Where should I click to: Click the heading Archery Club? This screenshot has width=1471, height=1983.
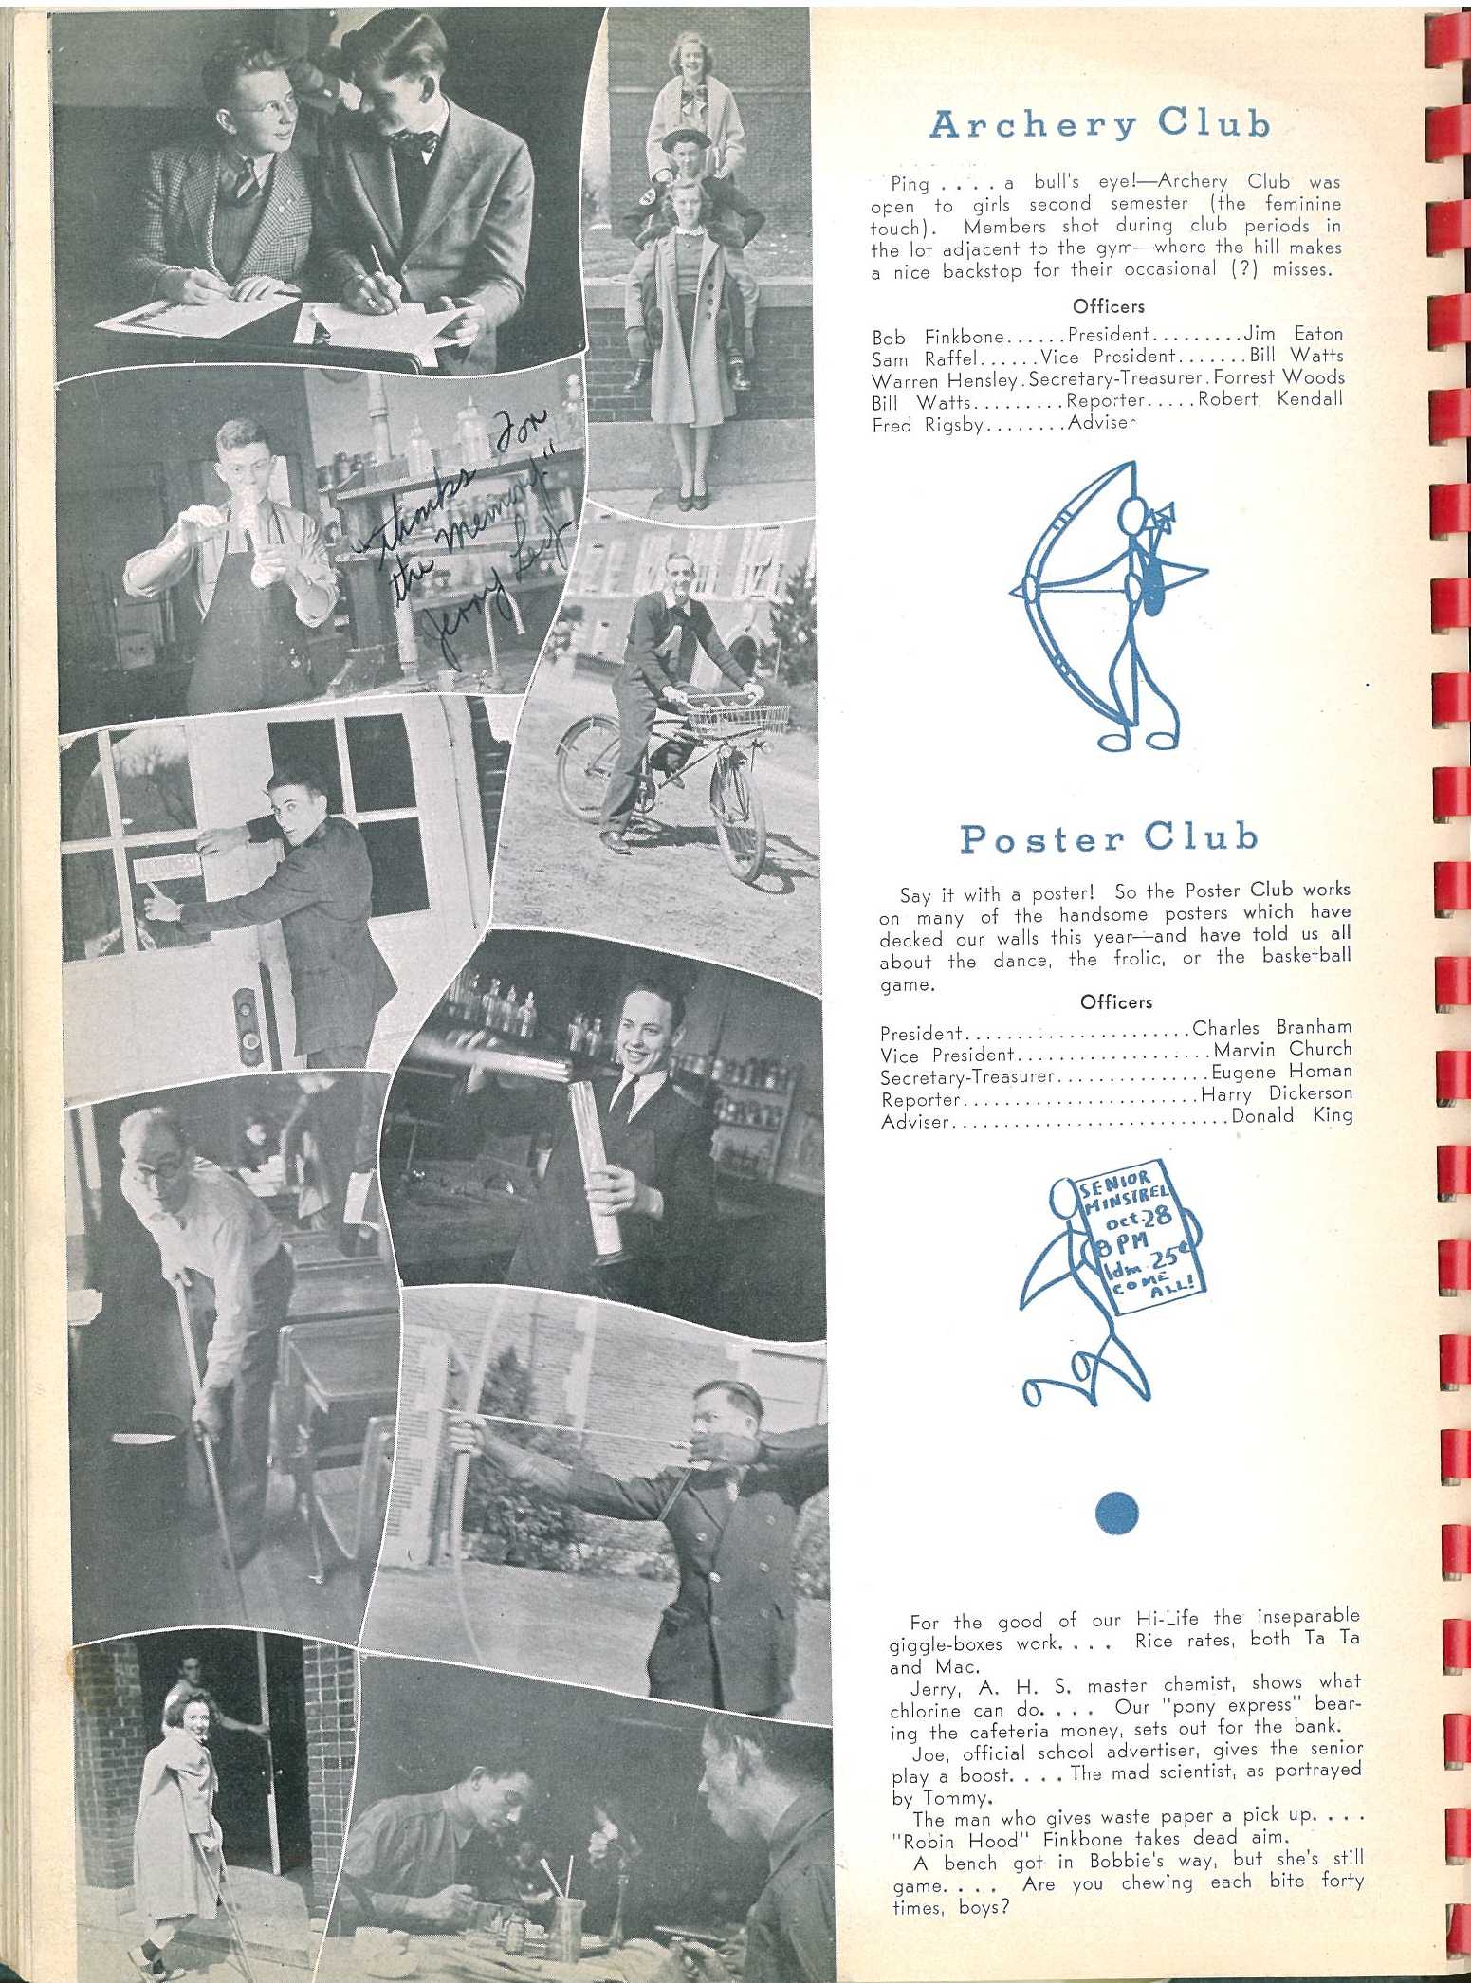click(1099, 124)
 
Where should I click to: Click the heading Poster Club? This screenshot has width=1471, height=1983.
click(1109, 837)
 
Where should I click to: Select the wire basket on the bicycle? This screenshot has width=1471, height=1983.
click(738, 717)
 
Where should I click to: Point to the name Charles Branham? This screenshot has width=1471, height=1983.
click(1272, 1027)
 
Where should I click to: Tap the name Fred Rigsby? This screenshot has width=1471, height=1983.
click(929, 425)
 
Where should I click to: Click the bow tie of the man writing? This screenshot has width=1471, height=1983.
click(414, 142)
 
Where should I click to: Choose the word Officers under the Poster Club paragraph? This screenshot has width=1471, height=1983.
click(1116, 1001)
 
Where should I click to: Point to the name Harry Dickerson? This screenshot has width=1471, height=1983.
click(1277, 1093)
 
